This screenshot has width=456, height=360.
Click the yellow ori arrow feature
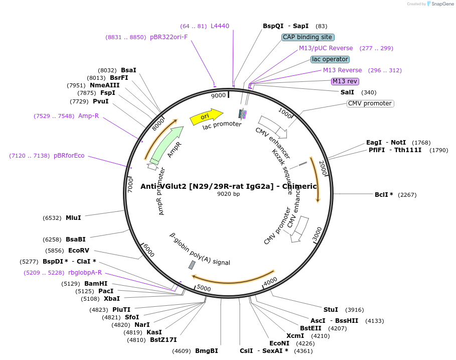click(x=206, y=116)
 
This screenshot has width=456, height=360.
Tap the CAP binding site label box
click(x=308, y=37)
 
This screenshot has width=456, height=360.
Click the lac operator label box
click(x=330, y=59)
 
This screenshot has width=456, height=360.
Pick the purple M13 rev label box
click(x=345, y=81)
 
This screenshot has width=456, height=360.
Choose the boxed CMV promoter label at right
click(x=370, y=103)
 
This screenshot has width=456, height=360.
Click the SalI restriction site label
click(x=347, y=92)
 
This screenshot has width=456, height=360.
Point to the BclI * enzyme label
click(x=384, y=195)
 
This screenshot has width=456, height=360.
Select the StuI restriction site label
click(x=331, y=309)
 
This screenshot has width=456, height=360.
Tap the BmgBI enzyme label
click(x=206, y=351)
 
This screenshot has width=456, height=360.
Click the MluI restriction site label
click(x=73, y=218)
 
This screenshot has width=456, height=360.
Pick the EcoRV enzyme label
click(x=78, y=250)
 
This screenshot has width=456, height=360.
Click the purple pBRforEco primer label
click(x=69, y=156)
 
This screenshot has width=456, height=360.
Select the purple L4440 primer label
click(x=220, y=26)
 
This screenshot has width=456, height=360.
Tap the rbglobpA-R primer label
click(x=85, y=273)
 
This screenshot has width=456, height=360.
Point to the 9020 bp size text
click(x=228, y=194)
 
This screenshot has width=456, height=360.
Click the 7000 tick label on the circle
click(x=130, y=184)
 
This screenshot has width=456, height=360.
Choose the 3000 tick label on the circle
click(x=317, y=234)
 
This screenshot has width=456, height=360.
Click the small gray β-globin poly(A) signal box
click(x=192, y=265)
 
